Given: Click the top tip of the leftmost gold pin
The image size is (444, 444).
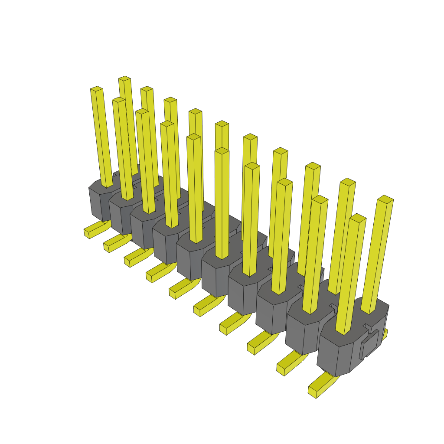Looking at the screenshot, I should (x=96, y=89).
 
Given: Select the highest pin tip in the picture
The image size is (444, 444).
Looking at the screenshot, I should (x=124, y=78).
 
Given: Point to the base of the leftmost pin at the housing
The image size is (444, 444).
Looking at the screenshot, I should (x=107, y=185).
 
